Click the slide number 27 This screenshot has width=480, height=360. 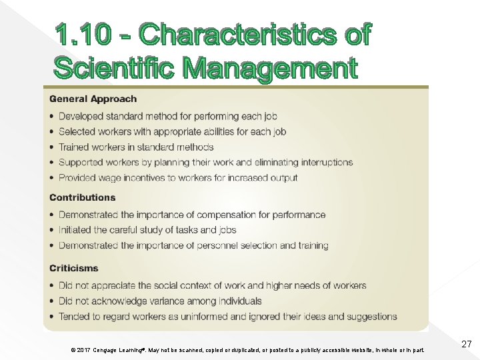(467, 344)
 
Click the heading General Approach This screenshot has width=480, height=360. (93, 99)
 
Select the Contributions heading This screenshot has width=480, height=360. (82, 197)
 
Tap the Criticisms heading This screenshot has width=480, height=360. (73, 268)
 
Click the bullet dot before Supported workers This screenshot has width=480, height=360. (52, 163)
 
